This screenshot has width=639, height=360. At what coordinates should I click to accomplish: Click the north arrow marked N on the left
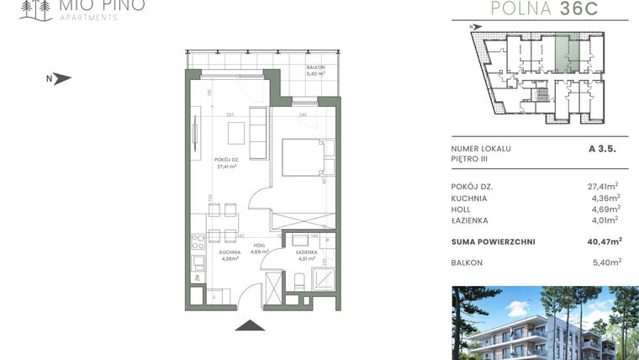click(x=60, y=79)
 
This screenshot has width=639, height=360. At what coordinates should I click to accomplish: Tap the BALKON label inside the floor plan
click(x=315, y=72)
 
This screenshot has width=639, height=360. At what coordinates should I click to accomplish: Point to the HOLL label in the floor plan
click(x=259, y=249)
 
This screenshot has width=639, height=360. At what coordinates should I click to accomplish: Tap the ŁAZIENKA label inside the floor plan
click(x=306, y=255)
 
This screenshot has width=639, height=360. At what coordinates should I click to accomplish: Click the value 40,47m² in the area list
click(x=604, y=241)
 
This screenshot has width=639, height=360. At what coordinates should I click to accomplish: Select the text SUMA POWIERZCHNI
click(x=493, y=241)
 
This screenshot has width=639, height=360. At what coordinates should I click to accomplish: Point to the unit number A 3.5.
click(x=603, y=148)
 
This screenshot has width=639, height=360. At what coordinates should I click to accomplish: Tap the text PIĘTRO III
click(x=469, y=158)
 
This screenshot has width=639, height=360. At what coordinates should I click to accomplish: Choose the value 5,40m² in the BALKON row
click(x=605, y=263)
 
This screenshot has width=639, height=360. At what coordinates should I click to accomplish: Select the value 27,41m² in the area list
click(x=603, y=187)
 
